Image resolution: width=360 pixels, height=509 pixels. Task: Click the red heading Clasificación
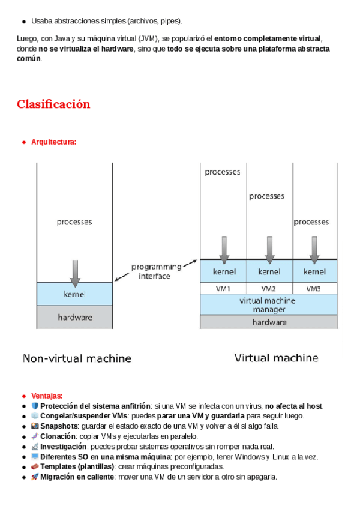pyautogui.click(x=53, y=104)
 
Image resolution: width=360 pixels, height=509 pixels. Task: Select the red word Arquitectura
pyautogui.click(x=53, y=142)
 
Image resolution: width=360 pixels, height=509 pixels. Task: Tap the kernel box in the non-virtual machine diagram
pyautogui.click(x=74, y=294)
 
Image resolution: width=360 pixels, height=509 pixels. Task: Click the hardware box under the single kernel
pyautogui.click(x=74, y=317)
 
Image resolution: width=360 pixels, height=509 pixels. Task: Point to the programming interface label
pyautogui.click(x=156, y=271)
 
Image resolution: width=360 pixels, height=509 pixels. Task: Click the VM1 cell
pyautogui.click(x=223, y=288)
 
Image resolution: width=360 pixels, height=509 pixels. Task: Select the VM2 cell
pyautogui.click(x=269, y=288)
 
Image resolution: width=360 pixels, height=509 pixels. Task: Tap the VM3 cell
pyautogui.click(x=314, y=288)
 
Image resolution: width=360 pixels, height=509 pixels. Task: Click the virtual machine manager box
pyautogui.click(x=269, y=304)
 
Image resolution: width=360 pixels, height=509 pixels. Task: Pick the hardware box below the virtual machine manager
pyautogui.click(x=269, y=322)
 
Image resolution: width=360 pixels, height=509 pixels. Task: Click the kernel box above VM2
pyautogui.click(x=269, y=271)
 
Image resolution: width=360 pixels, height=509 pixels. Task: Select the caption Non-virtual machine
pyautogui.click(x=77, y=358)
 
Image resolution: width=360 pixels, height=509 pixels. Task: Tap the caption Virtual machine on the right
pyautogui.click(x=276, y=358)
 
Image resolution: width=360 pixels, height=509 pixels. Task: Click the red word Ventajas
pyautogui.click(x=46, y=396)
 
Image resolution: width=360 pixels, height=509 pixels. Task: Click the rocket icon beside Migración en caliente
pyautogui.click(x=35, y=477)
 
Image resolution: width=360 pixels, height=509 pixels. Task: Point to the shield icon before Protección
pyautogui.click(x=35, y=406)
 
